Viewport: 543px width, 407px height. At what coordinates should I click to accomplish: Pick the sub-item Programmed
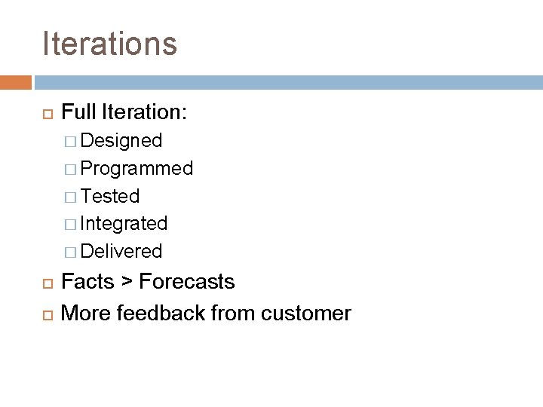coord(137,168)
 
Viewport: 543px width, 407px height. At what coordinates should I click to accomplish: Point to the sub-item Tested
coord(110,196)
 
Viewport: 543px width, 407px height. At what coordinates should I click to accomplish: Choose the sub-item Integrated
coord(124,223)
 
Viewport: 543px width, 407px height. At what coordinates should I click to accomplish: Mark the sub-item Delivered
coord(121,250)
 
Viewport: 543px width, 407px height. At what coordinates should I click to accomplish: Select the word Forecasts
coord(188,282)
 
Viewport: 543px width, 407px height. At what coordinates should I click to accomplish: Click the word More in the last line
coord(84,312)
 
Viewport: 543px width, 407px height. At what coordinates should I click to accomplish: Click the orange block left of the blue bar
coord(16,81)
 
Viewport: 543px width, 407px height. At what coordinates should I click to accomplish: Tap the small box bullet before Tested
coord(71,197)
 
